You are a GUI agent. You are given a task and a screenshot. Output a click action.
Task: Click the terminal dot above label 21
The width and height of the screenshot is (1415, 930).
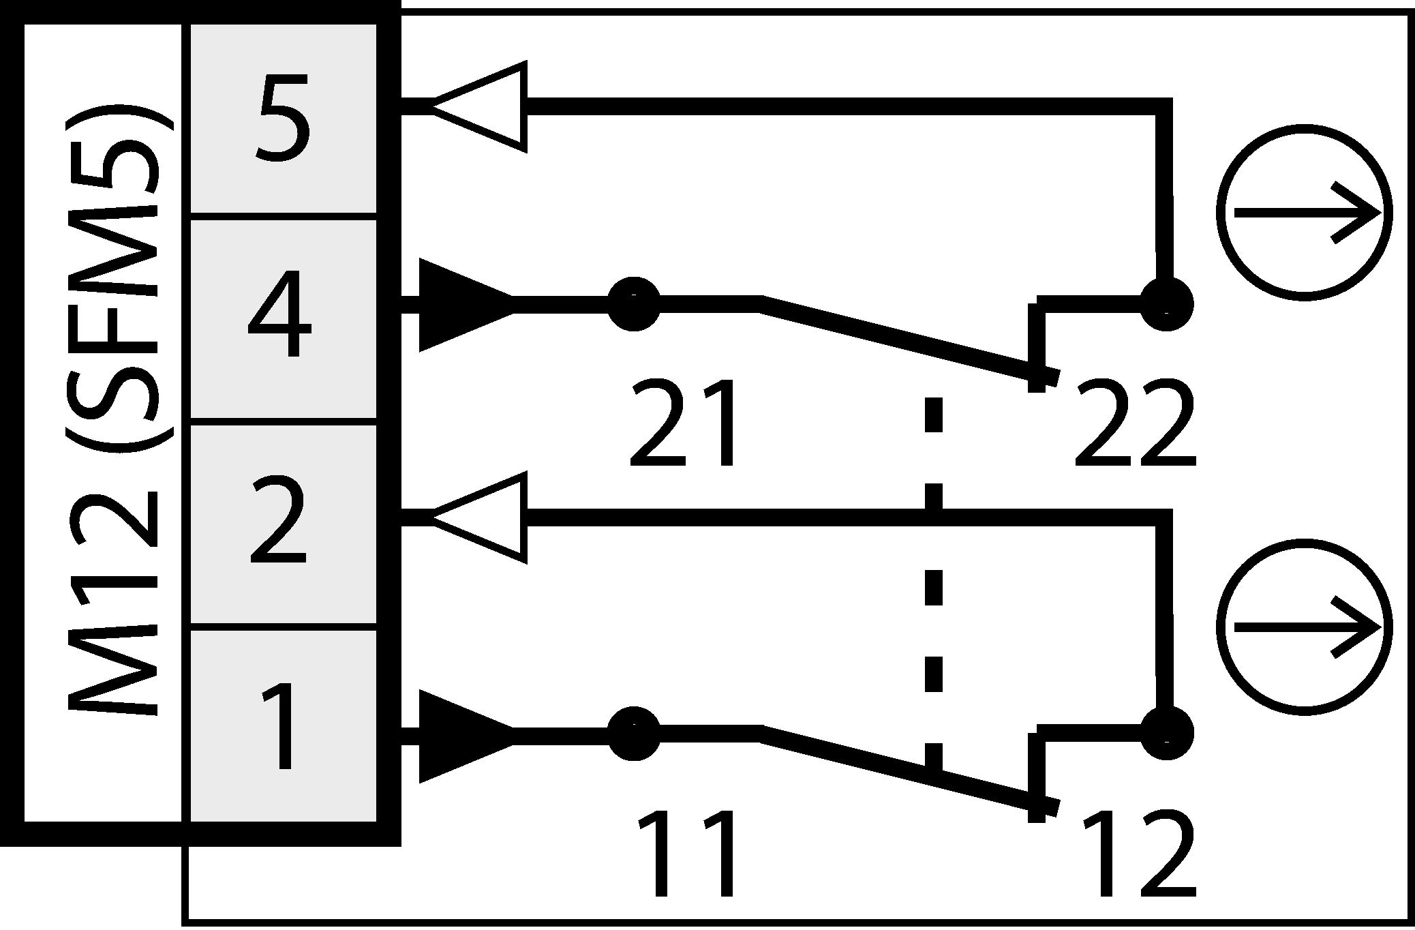tap(634, 303)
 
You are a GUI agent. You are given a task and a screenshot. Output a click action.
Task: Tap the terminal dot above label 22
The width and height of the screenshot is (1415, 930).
tap(1166, 304)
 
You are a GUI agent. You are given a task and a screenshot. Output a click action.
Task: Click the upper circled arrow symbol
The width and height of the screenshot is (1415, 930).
tap(1304, 213)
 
